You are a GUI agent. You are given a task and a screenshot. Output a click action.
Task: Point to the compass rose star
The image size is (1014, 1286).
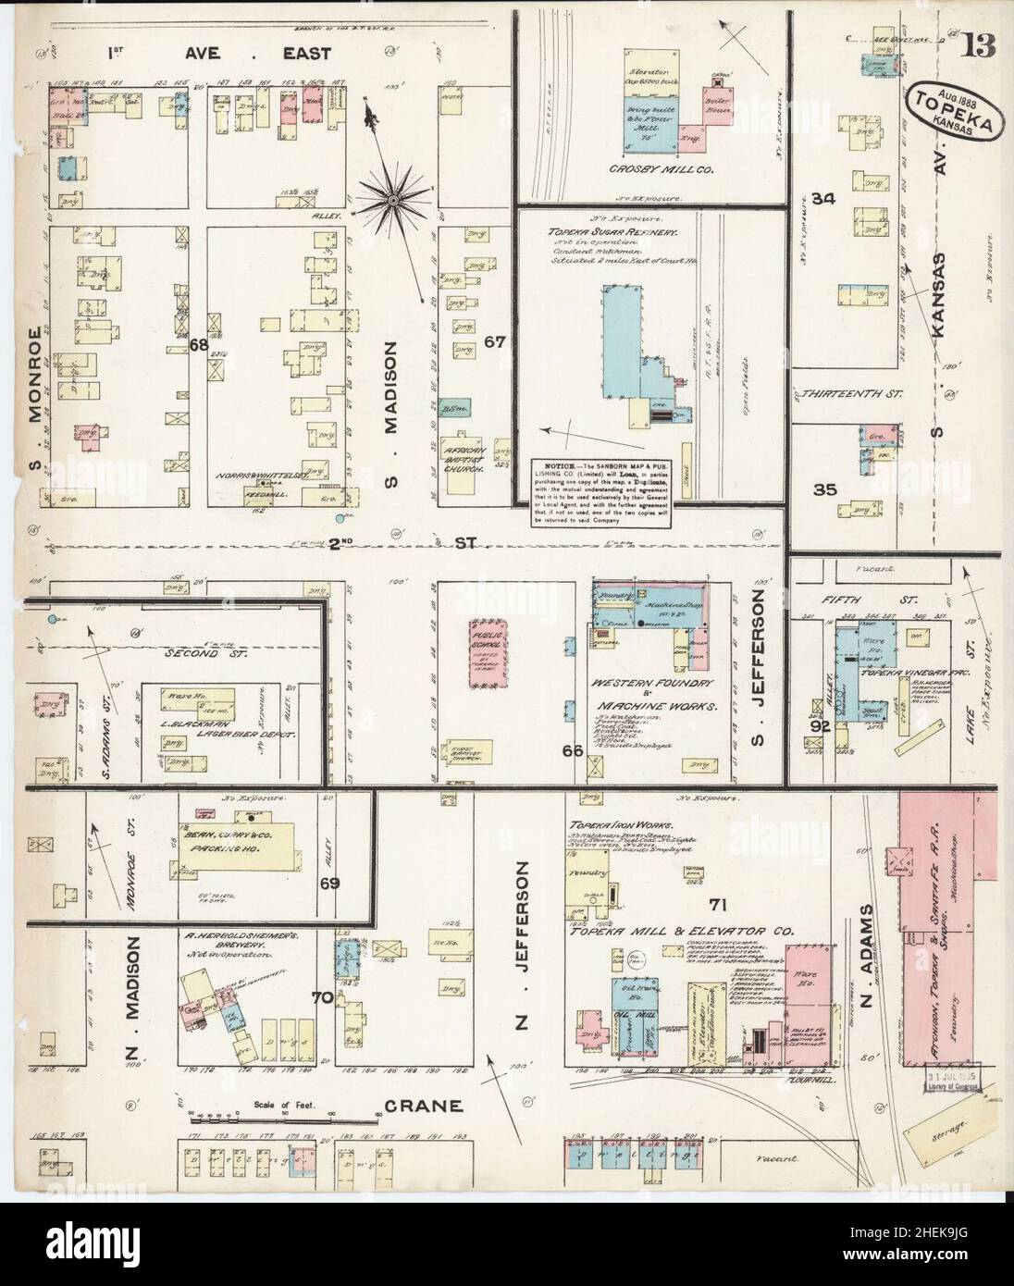[x=392, y=196]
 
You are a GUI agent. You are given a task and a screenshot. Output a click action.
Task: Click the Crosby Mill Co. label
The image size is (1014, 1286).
[x=646, y=170]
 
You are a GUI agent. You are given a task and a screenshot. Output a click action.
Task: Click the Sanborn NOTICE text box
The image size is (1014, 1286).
[x=601, y=492]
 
